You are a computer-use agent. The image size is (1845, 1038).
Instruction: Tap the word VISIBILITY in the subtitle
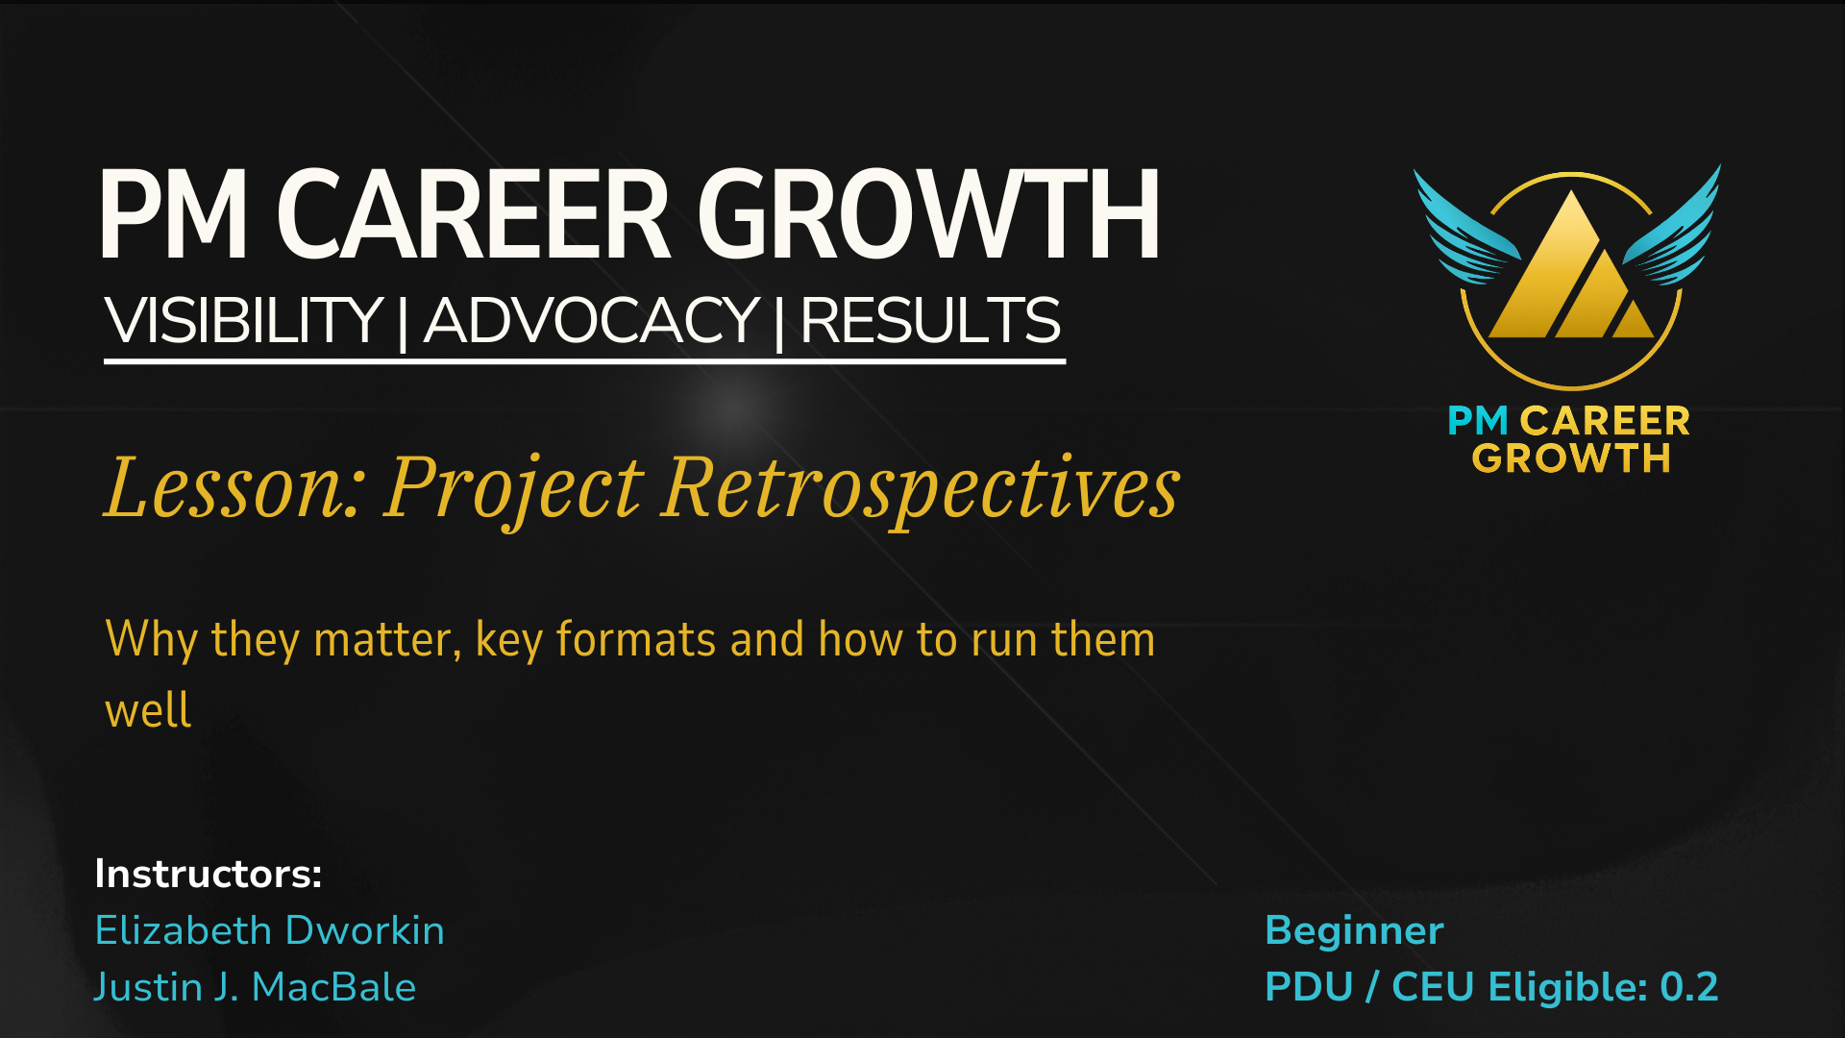tap(244, 320)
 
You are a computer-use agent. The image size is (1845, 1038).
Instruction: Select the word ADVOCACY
tap(592, 320)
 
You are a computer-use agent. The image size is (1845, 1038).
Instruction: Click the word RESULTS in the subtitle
tap(930, 320)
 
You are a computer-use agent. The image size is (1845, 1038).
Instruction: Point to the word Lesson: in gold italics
tap(234, 487)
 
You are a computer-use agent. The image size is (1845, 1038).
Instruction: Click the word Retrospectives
tap(921, 490)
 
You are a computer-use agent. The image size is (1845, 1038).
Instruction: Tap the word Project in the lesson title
tap(514, 490)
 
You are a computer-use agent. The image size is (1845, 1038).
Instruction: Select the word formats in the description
tap(636, 639)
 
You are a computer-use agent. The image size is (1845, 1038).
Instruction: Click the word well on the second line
tap(148, 709)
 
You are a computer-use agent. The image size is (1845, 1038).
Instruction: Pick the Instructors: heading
tap(209, 874)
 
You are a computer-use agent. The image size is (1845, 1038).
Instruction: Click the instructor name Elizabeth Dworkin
tap(270, 930)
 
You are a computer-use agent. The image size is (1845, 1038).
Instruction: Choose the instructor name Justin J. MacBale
tap(255, 987)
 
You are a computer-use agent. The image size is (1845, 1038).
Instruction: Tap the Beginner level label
tap(1354, 930)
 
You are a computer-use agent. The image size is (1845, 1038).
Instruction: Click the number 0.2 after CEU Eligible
tap(1688, 987)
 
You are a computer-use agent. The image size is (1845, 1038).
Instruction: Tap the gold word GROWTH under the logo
tap(1571, 458)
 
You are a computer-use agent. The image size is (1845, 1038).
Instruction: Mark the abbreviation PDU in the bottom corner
tap(1309, 987)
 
